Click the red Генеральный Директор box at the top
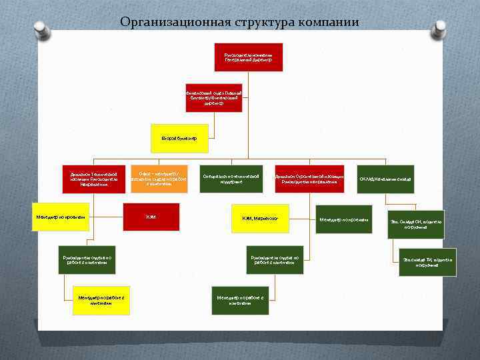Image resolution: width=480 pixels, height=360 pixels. [249, 57]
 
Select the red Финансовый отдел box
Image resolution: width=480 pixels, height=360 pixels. [213, 98]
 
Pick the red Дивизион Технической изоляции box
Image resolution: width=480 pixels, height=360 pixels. [93, 179]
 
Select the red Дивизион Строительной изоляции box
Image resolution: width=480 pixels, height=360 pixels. [309, 179]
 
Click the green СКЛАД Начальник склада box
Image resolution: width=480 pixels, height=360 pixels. [385, 179]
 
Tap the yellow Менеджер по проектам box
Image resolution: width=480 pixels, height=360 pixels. [61, 217]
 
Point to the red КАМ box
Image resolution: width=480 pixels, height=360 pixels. [151, 217]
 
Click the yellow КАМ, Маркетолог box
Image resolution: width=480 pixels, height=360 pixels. [260, 218]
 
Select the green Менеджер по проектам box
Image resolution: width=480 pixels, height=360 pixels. [343, 219]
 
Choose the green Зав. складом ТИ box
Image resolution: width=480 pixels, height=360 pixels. [427, 262]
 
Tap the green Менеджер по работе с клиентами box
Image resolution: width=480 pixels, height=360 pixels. [239, 300]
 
